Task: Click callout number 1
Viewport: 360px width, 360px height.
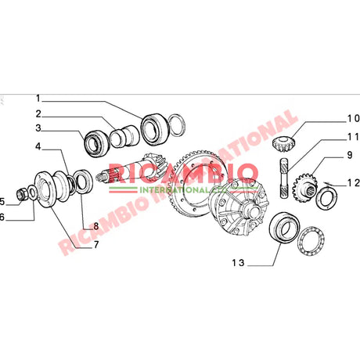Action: click(x=37, y=99)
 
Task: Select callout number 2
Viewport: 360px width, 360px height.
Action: click(x=37, y=113)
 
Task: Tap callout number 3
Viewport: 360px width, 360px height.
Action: click(x=37, y=129)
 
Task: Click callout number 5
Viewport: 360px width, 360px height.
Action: click(x=2, y=200)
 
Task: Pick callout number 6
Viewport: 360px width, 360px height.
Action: click(x=2, y=216)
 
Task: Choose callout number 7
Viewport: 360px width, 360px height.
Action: click(x=95, y=244)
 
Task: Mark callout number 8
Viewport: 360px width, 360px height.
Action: click(x=95, y=227)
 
